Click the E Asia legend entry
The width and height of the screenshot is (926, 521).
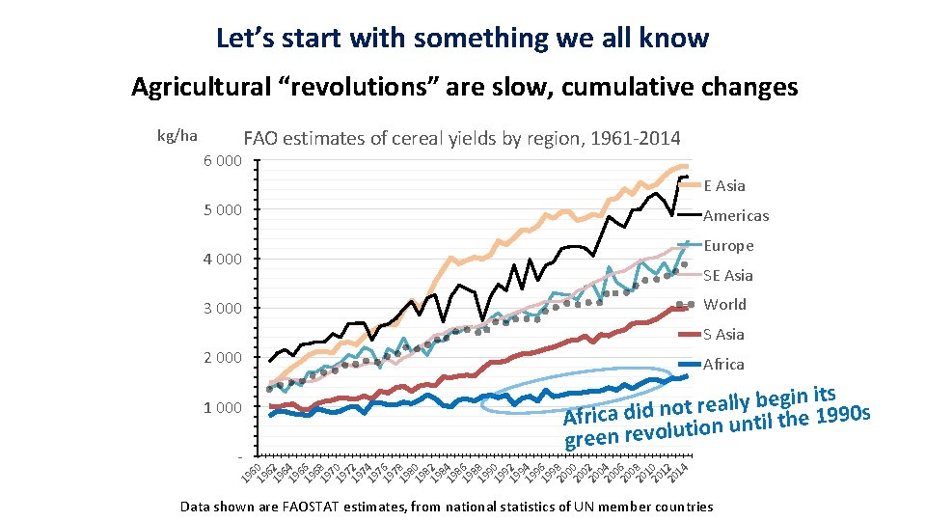coord(723,185)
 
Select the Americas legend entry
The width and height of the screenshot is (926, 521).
coord(735,216)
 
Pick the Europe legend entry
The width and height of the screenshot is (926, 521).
coord(728,246)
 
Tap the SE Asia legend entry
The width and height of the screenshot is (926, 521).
coord(727,276)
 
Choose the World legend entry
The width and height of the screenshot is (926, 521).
coord(724,305)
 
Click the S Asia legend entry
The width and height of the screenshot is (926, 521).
coord(723,335)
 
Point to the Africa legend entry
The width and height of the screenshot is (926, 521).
coord(723,365)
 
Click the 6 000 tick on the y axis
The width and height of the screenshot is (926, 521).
coord(222,160)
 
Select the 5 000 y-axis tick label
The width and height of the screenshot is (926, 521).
coord(222,209)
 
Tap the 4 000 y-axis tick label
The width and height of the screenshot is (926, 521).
coord(222,259)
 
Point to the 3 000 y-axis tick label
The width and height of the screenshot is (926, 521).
coord(222,308)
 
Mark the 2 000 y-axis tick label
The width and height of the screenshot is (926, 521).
coord(222,358)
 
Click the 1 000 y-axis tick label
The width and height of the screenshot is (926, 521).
coord(222,407)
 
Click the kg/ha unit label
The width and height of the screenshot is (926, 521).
coord(177,136)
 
